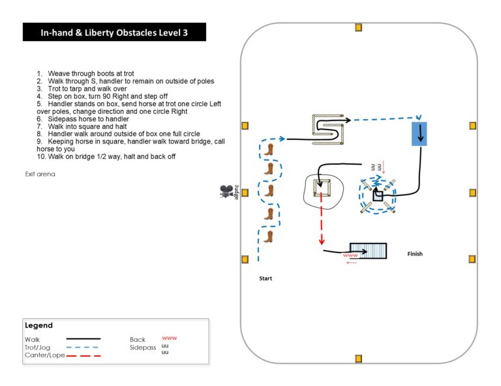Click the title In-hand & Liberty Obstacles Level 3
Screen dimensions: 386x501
tap(114, 33)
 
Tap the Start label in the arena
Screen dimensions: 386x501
tap(265, 279)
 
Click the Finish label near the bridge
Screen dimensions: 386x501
tap(414, 254)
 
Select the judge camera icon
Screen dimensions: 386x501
tap(226, 191)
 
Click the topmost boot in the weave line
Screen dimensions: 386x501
tap(269, 150)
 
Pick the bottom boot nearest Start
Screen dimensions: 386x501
tap(269, 236)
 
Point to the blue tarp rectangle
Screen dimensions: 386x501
tap(418, 133)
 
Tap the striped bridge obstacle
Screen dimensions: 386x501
tap(368, 251)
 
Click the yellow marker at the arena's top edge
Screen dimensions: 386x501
tap(358, 27)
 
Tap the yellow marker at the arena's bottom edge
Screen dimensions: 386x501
tap(358, 359)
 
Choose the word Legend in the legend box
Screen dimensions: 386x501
tap(38, 325)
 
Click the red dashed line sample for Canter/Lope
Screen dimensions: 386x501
tap(83, 356)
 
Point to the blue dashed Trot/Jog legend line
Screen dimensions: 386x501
tap(83, 348)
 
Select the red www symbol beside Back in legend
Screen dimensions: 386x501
tap(169, 338)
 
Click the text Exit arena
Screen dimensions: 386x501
tap(40, 174)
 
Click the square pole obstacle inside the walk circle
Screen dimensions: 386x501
tap(324, 188)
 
